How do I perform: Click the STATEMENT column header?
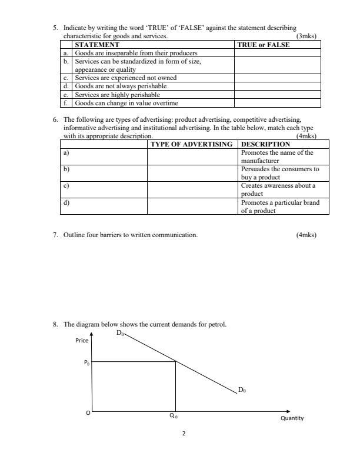(x=97, y=45)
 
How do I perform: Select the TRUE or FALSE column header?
(x=263, y=45)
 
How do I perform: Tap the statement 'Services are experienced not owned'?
(x=125, y=78)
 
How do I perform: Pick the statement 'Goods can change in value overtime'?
(x=126, y=103)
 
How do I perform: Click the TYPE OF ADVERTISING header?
(x=192, y=144)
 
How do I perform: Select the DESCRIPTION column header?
(x=266, y=144)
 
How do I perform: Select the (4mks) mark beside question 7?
(x=307, y=235)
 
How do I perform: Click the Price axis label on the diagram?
(x=82, y=341)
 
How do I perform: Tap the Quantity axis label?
(x=292, y=418)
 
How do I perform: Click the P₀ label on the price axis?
(x=86, y=362)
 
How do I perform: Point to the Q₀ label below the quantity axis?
(x=173, y=416)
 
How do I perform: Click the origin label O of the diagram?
(x=88, y=413)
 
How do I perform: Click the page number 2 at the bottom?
(x=184, y=434)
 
